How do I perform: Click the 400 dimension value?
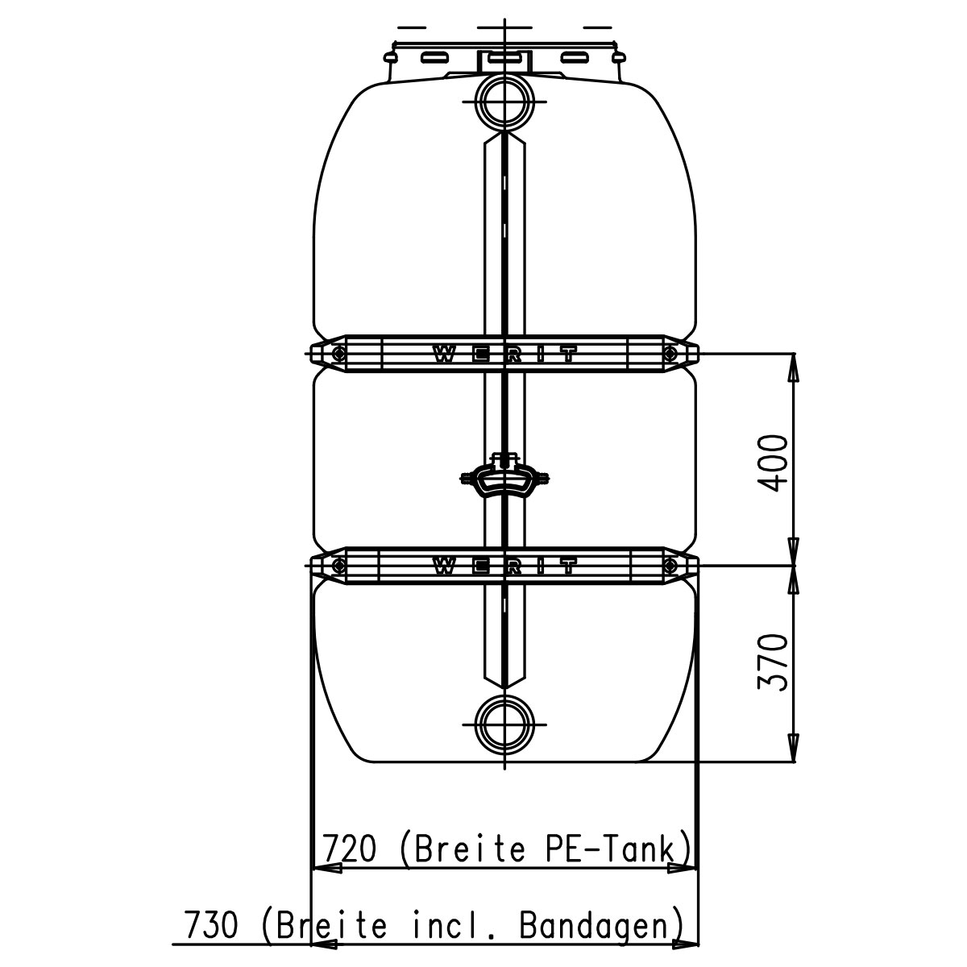click(773, 463)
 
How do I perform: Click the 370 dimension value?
click(773, 662)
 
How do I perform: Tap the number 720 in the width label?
click(349, 848)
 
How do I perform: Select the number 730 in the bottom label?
click(211, 925)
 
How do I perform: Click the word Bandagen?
click(594, 925)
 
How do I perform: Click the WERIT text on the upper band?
click(504, 355)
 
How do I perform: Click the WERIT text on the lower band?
click(504, 567)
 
